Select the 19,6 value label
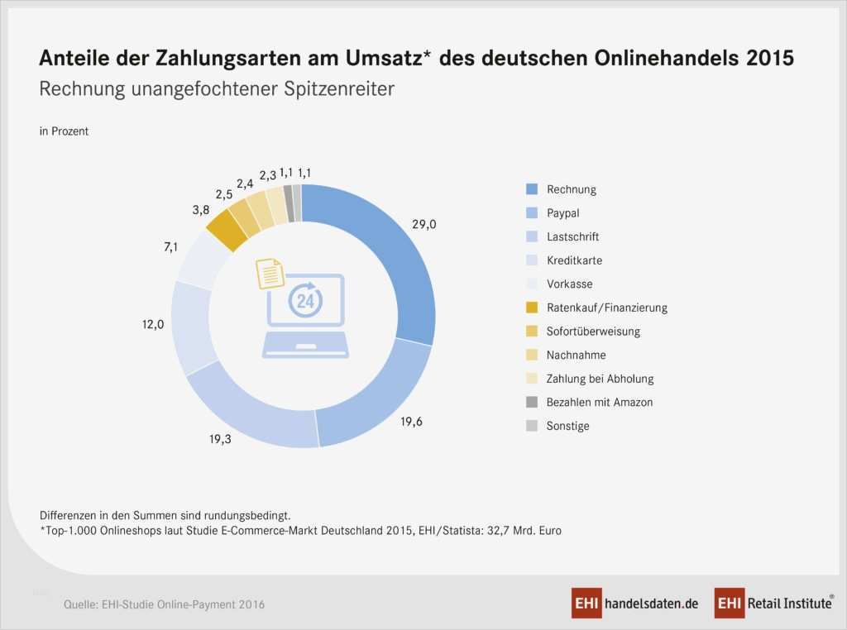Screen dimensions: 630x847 tap(411, 422)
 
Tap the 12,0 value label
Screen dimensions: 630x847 tap(152, 324)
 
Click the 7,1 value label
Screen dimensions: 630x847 tap(171, 246)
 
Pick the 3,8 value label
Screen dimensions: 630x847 tap(200, 211)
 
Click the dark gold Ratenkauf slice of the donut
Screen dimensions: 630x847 tap(227, 231)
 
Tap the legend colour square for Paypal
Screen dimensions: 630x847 tap(532, 213)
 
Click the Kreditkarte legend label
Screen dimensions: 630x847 tap(574, 260)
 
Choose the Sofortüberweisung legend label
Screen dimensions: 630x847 tap(593, 332)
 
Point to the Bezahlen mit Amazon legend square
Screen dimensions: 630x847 tap(532, 403)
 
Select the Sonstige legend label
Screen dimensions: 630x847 tap(567, 427)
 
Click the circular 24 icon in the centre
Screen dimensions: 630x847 tap(305, 300)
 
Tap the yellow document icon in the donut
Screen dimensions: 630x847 tap(270, 274)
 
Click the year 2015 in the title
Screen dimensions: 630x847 tap(769, 59)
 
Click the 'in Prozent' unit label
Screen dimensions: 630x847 tap(64, 131)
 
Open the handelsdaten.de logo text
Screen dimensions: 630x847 tap(651, 604)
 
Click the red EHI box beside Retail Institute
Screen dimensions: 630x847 tap(730, 604)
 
